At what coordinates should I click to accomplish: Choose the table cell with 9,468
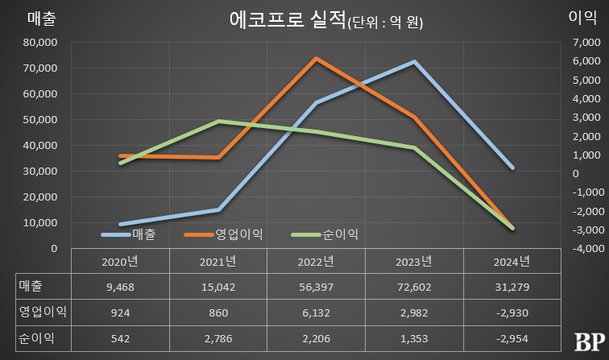point(120,286)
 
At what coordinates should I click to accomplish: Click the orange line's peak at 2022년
point(316,59)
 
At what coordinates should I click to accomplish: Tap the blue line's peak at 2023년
point(414,62)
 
